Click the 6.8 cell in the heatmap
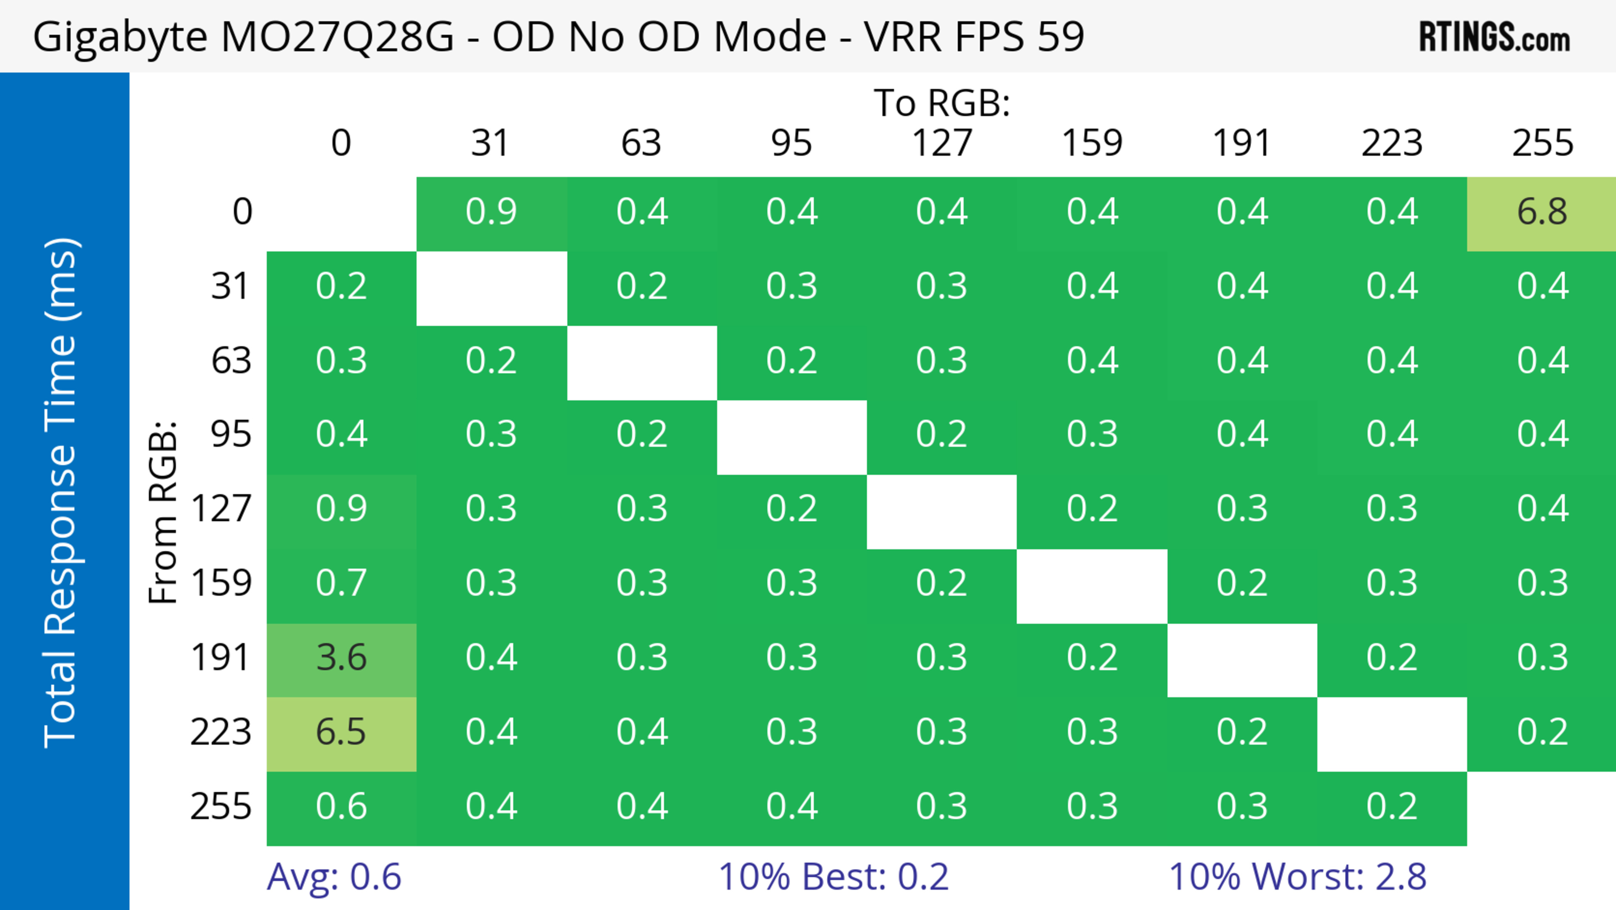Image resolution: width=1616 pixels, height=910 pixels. pyautogui.click(x=1542, y=212)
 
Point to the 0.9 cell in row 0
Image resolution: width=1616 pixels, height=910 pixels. pyautogui.click(x=491, y=212)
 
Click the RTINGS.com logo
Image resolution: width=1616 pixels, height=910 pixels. pyautogui.click(x=1494, y=37)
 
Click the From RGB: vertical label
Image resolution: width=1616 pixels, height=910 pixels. pyautogui.click(x=163, y=512)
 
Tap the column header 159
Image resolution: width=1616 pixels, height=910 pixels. pyautogui.click(x=1092, y=144)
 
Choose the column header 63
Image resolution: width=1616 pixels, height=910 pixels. pyautogui.click(x=641, y=144)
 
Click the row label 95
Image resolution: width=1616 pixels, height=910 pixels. pyautogui.click(x=231, y=434)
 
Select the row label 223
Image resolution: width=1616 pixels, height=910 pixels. pyautogui.click(x=221, y=732)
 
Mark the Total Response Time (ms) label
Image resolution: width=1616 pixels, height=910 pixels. pyautogui.click(x=61, y=493)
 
